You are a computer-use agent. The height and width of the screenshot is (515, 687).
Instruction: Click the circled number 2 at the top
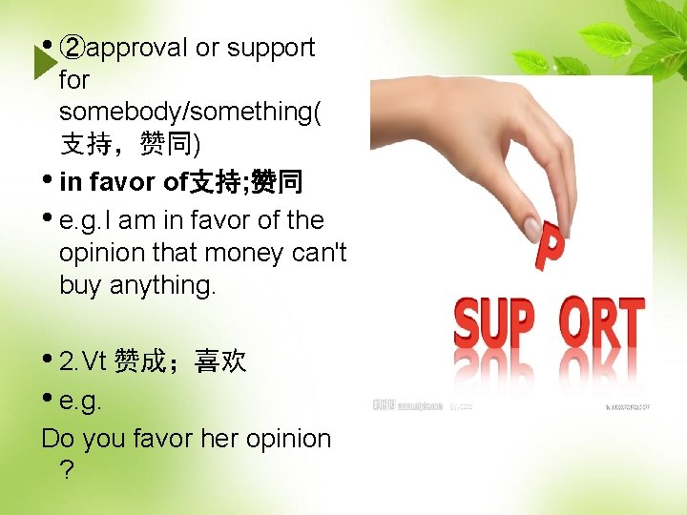(x=72, y=48)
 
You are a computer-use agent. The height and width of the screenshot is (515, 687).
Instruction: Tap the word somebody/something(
(x=190, y=113)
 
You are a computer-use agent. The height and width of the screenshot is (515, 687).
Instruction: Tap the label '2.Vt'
(x=83, y=361)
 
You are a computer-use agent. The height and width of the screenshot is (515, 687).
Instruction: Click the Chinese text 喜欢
(x=220, y=361)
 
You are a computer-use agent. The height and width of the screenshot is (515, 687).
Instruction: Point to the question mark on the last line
(x=66, y=471)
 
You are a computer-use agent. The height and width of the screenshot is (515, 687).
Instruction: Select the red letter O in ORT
(x=574, y=325)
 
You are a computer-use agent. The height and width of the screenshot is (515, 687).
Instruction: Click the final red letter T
(x=631, y=325)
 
